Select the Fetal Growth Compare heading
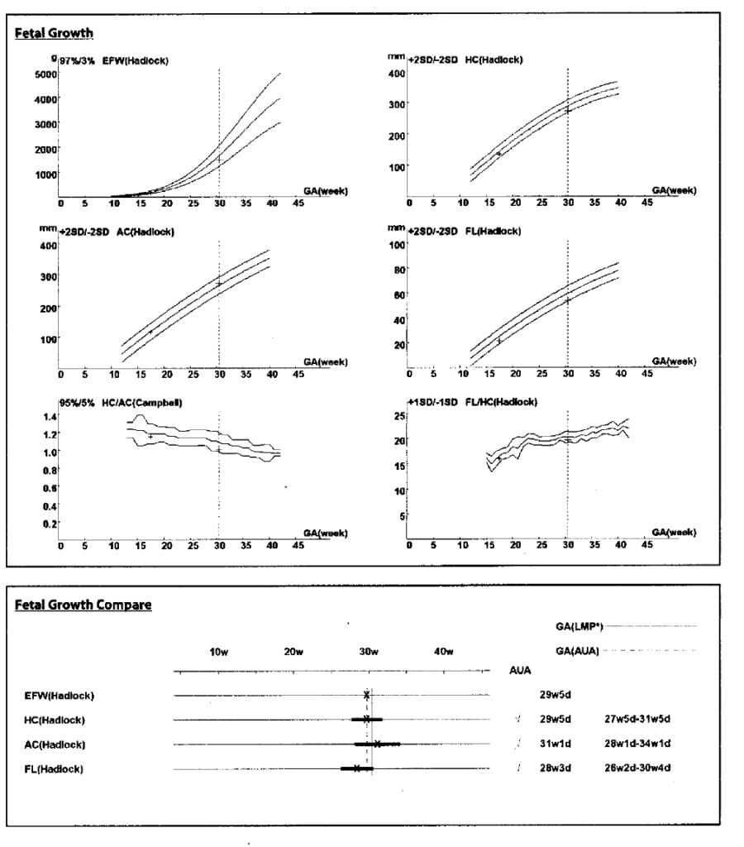click(83, 605)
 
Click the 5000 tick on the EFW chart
click(43, 74)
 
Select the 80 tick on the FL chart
click(398, 270)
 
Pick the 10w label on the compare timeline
click(218, 651)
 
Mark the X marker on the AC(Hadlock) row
click(377, 744)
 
